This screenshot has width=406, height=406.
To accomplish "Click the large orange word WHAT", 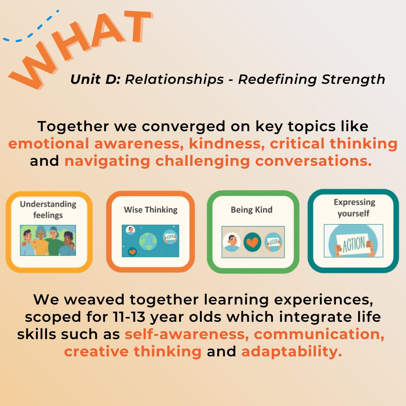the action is point(80,49).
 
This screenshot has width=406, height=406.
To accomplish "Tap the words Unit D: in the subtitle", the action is point(95,79).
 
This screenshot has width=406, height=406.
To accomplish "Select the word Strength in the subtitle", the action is point(353,80).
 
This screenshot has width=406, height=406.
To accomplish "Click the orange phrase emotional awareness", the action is point(96,144).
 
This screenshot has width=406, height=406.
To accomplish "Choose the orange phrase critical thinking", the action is point(333,144).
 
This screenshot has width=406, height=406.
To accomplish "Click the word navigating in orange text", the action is point(107,161).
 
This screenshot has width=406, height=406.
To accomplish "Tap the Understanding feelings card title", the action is point(48,209).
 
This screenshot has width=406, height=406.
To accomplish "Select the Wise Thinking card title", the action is point(151,210).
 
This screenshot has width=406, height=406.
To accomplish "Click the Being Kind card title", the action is point(251,209).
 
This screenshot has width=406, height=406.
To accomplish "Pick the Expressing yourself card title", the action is point(354,208).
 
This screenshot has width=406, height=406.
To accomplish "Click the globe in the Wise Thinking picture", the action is point(148,241).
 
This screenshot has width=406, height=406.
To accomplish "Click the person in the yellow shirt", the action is point(41,241).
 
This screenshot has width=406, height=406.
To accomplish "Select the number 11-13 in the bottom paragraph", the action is point(129,317).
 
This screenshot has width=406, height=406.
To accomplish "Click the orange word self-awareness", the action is point(187,334).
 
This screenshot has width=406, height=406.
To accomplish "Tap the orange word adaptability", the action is point(292,352).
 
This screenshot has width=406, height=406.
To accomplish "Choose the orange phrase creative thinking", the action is point(133,351).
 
